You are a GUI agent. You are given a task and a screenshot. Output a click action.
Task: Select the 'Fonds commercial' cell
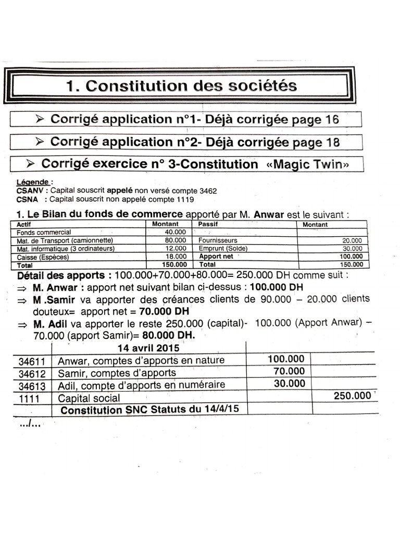pyautogui.click(x=44, y=232)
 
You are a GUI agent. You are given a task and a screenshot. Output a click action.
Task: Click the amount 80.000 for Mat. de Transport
pyautogui.click(x=176, y=240)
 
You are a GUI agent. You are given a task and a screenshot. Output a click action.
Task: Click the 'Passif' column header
pyautogui.click(x=208, y=224)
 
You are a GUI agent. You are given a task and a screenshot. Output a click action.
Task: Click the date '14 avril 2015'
pyautogui.click(x=148, y=347)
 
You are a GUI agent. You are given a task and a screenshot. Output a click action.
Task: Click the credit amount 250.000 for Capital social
pyautogui.click(x=352, y=396)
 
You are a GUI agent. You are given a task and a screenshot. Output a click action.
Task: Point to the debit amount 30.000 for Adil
pyautogui.click(x=290, y=384)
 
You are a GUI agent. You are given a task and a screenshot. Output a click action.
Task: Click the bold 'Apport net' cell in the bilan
pyautogui.click(x=217, y=257)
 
